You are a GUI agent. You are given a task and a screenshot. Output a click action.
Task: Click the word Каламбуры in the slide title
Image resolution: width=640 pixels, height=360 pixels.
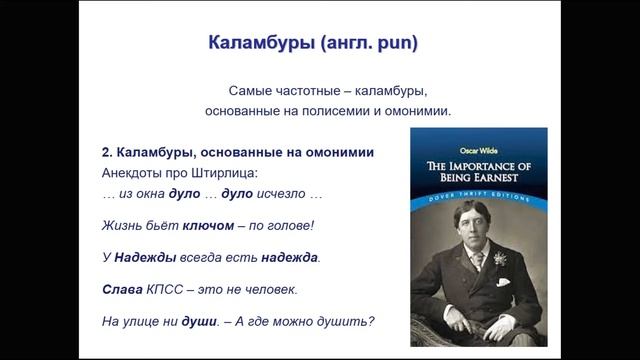point(253,44)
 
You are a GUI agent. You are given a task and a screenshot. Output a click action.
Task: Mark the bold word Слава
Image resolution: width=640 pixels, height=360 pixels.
point(121,289)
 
